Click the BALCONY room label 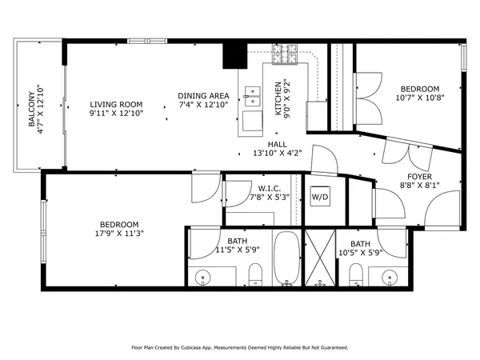[x=31, y=102]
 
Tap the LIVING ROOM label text [x=116, y=104]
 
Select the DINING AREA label [x=203, y=96]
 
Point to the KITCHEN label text [x=278, y=98]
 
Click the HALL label [x=255, y=144]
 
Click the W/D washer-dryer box [x=319, y=196]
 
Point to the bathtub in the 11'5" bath [x=286, y=257]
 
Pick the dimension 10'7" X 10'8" [x=419, y=98]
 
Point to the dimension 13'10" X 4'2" [x=255, y=154]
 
